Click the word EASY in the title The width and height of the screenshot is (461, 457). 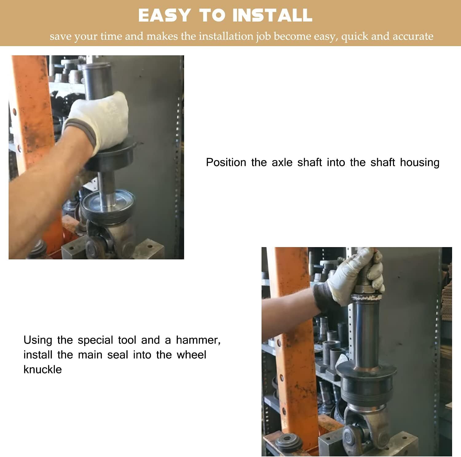164,15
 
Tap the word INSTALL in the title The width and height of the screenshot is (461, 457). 272,15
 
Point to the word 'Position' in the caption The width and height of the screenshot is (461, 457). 226,162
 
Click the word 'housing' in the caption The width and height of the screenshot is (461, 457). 420,162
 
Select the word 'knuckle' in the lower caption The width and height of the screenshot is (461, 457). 42,369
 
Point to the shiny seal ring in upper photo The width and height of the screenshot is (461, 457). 108,203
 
